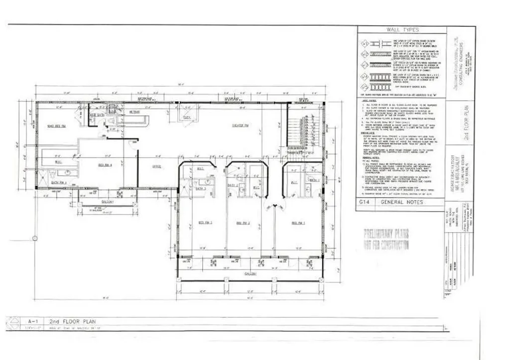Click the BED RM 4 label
pos(104,165)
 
